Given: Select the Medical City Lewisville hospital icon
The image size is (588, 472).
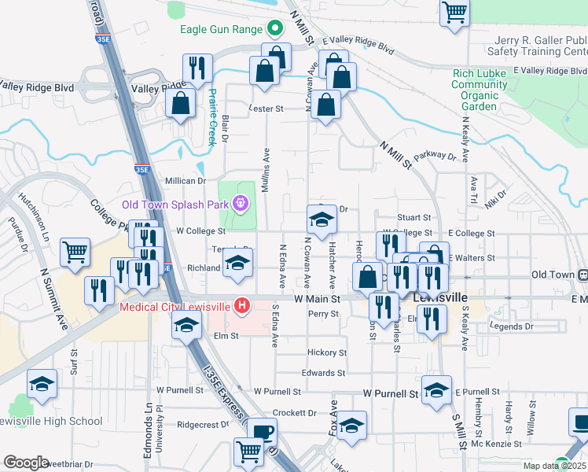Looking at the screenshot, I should coord(243,305).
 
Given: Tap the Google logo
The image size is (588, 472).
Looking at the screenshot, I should coord(26,463).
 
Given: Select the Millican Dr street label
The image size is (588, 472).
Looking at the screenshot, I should coord(184,181).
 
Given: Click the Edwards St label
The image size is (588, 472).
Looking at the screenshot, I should coord(323,373).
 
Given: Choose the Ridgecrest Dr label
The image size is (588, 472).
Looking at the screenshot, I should coord(203,424).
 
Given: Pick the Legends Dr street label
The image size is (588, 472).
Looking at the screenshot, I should coord(511,326).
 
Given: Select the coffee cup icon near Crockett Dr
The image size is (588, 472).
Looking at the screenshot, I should coord(263,433).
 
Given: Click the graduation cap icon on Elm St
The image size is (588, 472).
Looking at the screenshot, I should coord(186,325).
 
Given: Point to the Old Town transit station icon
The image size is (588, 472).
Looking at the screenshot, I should coord(583,275).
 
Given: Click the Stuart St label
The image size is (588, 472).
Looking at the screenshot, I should coord(414,217).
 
